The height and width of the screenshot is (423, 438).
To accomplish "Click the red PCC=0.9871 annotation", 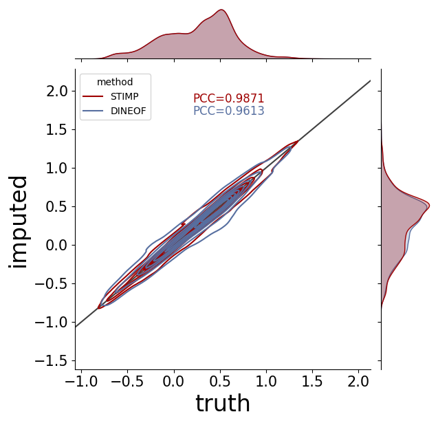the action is (228, 98).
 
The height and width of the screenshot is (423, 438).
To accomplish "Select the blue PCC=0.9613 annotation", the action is (228, 111).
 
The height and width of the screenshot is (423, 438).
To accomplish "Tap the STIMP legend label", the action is (124, 96).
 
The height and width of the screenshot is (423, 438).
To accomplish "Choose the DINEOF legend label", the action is (129, 111).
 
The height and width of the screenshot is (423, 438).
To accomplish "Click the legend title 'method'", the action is (115, 82).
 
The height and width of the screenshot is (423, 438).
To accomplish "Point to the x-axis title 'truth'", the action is (223, 403).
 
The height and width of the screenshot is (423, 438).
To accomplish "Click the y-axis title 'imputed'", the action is (18, 222).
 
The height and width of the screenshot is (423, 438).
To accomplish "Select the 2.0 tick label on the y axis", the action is (57, 91).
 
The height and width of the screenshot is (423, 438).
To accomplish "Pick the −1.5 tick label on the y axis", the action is (51, 361).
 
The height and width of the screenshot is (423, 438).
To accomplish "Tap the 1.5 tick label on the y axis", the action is (57, 130).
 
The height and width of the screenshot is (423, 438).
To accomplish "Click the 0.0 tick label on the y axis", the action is (57, 246).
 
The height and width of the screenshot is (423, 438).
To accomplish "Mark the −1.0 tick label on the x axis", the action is (81, 381).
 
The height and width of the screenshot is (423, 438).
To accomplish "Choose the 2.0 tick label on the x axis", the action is (358, 381).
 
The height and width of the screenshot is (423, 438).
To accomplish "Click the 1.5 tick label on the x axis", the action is (312, 381).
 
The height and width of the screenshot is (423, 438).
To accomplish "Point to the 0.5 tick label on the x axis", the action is (221, 381).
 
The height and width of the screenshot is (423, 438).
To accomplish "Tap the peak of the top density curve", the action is (221, 10).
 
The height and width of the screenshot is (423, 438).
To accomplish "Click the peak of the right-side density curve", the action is (429, 206).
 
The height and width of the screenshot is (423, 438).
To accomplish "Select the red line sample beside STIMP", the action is (93, 96).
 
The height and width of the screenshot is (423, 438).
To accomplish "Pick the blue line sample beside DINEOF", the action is (93, 111).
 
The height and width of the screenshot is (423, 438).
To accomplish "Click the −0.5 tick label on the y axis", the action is (51, 284).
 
